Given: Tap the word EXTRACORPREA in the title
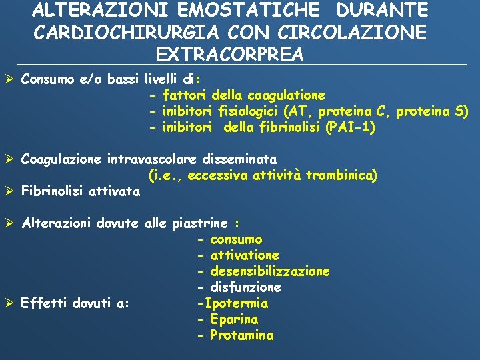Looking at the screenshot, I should point(229,54).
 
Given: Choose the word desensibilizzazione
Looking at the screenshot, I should point(269,271).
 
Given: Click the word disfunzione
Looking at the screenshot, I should point(245,287).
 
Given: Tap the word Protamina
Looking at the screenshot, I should point(241,335).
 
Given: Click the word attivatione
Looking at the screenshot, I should point(245,255).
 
